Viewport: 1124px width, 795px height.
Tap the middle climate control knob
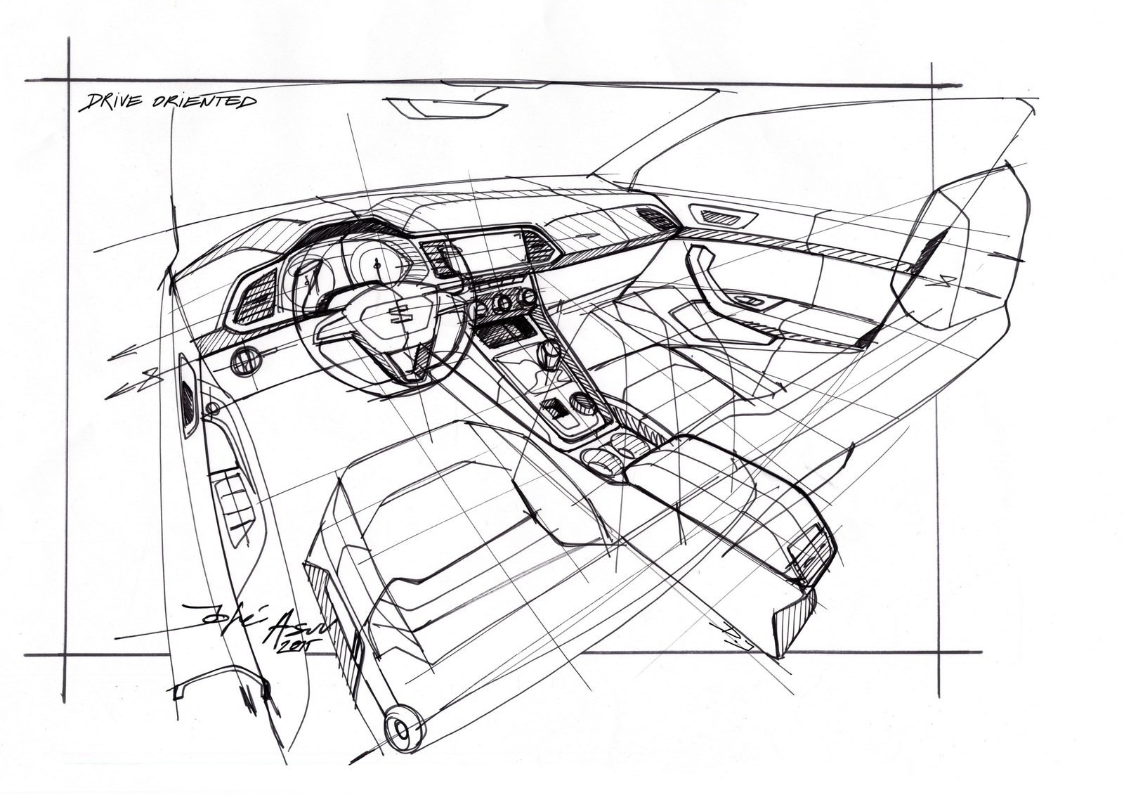[x=504, y=303]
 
